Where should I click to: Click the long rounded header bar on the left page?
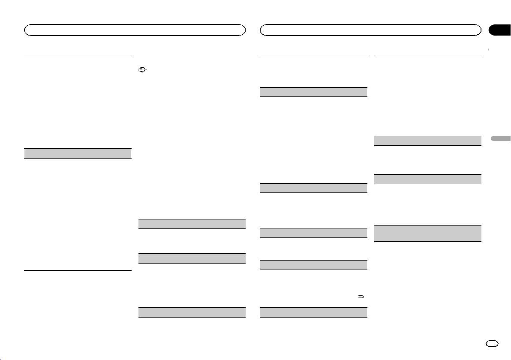[135, 30]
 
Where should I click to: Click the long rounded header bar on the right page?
[371, 30]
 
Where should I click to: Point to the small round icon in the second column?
[140, 69]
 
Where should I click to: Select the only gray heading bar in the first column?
[77, 153]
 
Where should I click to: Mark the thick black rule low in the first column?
[77, 270]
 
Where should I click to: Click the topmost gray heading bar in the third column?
[314, 92]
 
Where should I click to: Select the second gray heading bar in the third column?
[314, 188]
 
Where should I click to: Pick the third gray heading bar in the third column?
[314, 233]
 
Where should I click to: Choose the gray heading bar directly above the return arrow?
[314, 265]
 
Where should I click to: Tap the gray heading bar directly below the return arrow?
[314, 312]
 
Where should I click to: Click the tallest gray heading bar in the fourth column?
[428, 234]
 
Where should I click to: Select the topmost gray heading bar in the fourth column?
[428, 141]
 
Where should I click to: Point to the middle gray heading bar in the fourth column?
[428, 179]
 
